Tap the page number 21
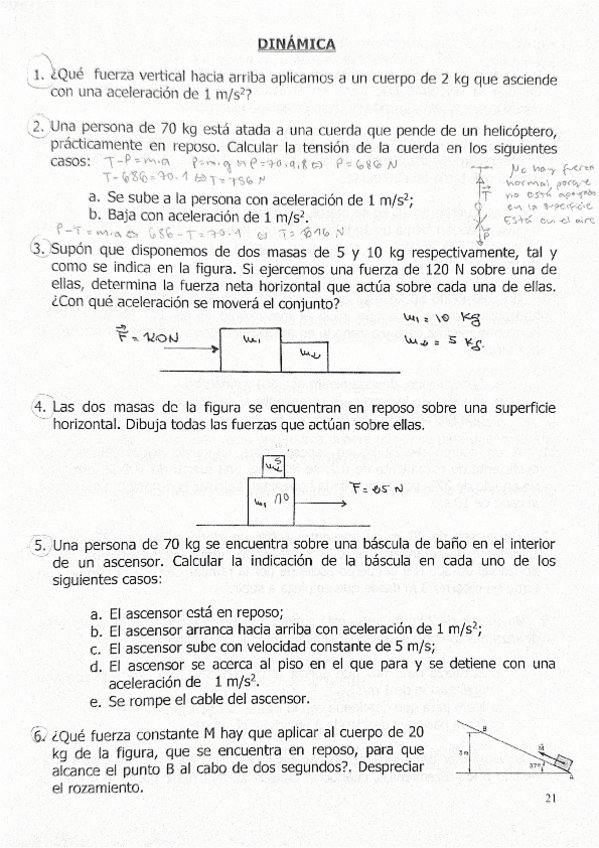click(x=551, y=797)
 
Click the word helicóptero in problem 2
click(x=515, y=132)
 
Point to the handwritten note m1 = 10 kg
click(x=441, y=319)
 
